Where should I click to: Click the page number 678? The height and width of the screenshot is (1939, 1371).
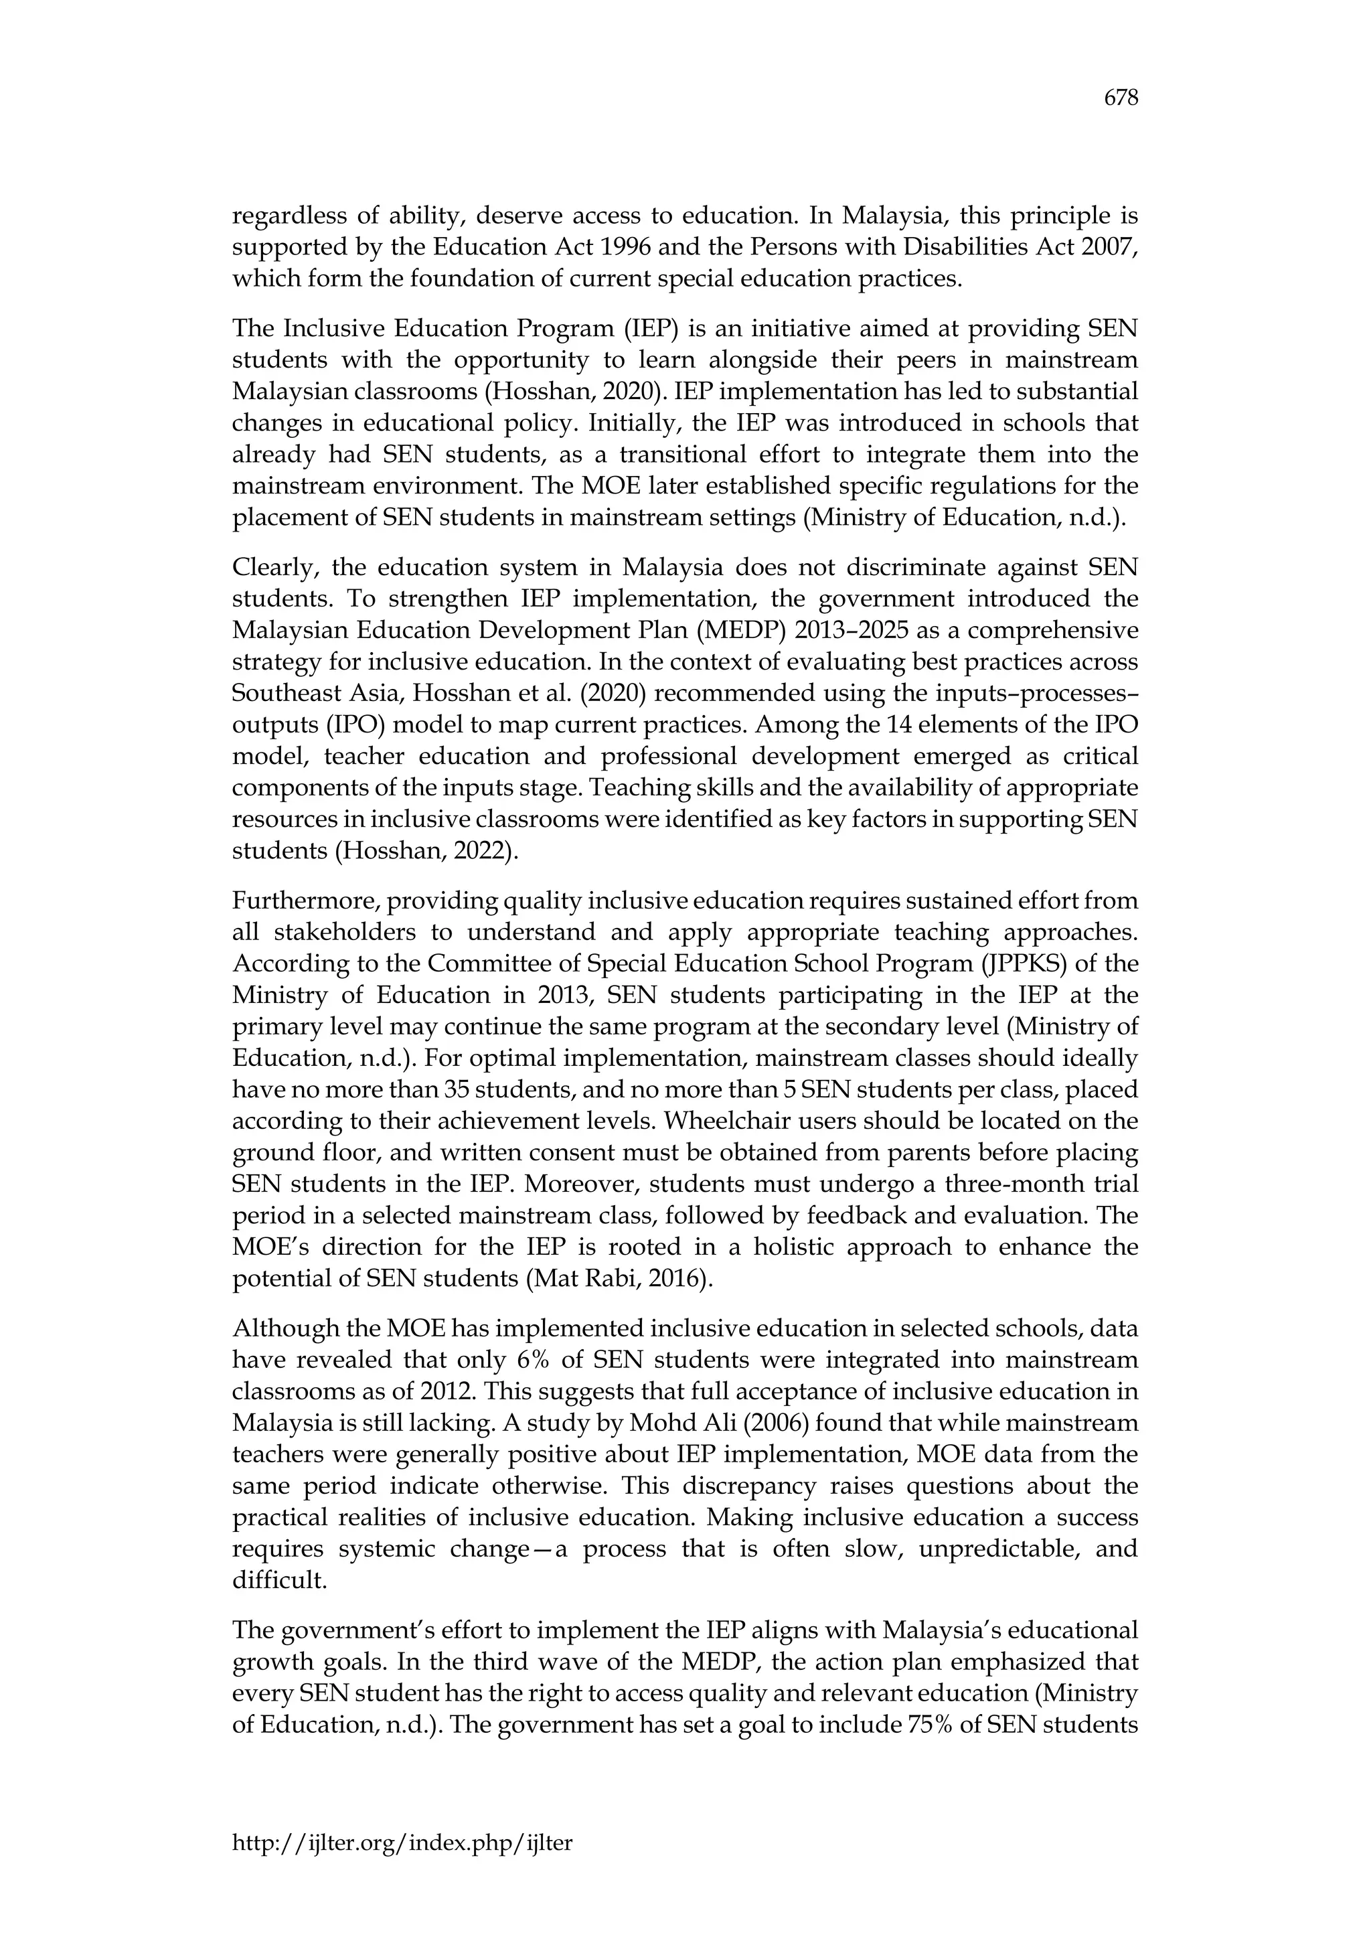(1121, 99)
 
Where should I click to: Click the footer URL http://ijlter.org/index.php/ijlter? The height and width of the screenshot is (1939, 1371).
(402, 1843)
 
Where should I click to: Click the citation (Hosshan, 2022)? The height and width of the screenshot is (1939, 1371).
(427, 851)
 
